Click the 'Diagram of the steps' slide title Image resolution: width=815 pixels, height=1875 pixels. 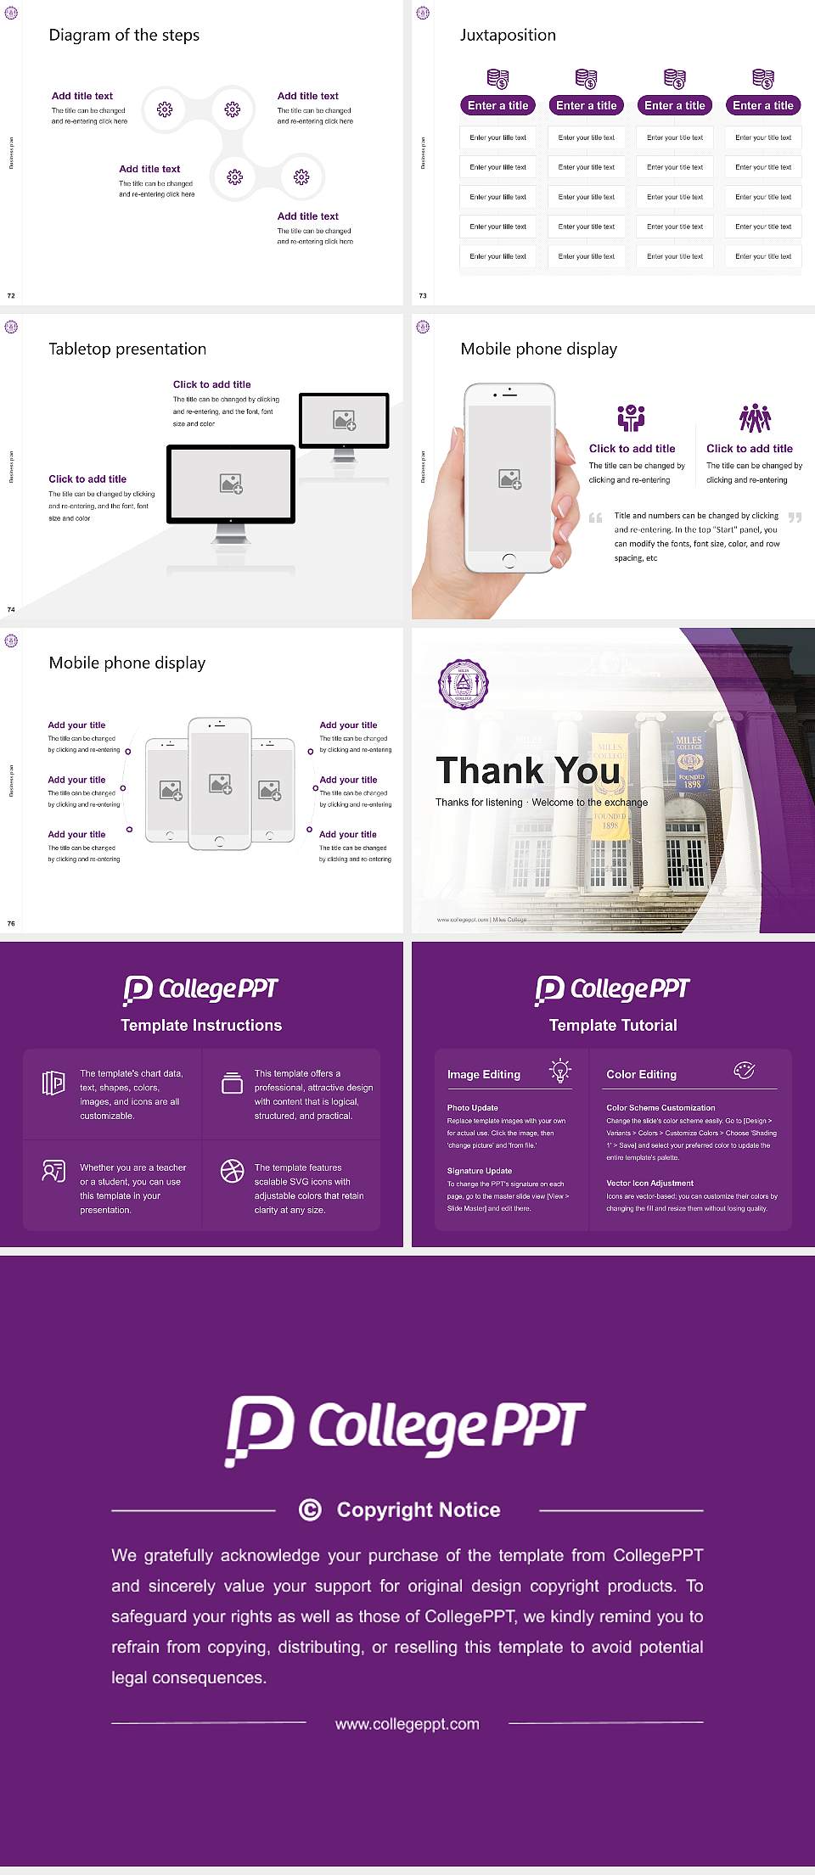pyautogui.click(x=124, y=35)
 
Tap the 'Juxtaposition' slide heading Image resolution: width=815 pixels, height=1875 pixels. pyautogui.click(x=508, y=35)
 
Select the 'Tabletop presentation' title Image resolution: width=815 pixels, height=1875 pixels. pyautogui.click(x=127, y=349)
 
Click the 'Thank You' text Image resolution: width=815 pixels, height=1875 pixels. pyautogui.click(x=527, y=770)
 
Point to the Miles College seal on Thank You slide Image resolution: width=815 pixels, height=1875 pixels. pyautogui.click(x=464, y=685)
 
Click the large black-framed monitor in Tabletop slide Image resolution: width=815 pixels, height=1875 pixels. pyautogui.click(x=231, y=484)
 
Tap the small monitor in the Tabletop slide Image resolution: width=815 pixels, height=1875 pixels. pyautogui.click(x=344, y=420)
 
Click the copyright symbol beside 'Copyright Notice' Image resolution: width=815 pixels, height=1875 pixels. pyautogui.click(x=311, y=1509)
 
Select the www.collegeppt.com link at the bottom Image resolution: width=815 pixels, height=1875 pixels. pyautogui.click(x=407, y=1723)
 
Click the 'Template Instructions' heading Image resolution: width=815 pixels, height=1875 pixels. pyautogui.click(x=201, y=1025)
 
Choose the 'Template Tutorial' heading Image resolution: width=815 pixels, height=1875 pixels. pyautogui.click(x=613, y=1025)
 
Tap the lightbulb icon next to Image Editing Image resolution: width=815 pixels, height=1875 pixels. pyautogui.click(x=560, y=1071)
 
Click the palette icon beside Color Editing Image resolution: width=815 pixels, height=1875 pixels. pyautogui.click(x=745, y=1071)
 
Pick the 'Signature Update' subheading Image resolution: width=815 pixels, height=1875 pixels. pyautogui.click(x=480, y=1171)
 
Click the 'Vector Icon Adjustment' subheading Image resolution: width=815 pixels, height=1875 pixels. pyautogui.click(x=649, y=1183)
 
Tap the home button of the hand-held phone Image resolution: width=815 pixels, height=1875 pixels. pyautogui.click(x=509, y=560)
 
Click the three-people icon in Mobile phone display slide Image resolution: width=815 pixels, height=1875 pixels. pyautogui.click(x=755, y=418)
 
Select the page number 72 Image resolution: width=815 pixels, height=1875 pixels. pyautogui.click(x=11, y=295)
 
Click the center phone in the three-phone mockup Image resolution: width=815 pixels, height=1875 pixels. pyautogui.click(x=220, y=783)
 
